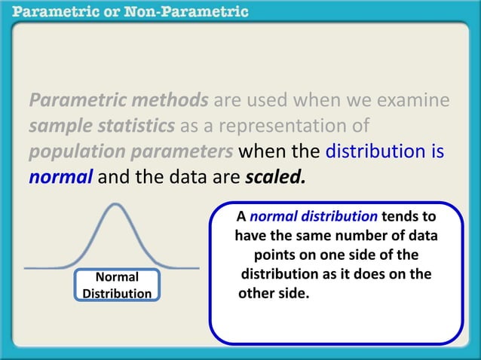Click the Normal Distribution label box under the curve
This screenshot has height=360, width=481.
[117, 285]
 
